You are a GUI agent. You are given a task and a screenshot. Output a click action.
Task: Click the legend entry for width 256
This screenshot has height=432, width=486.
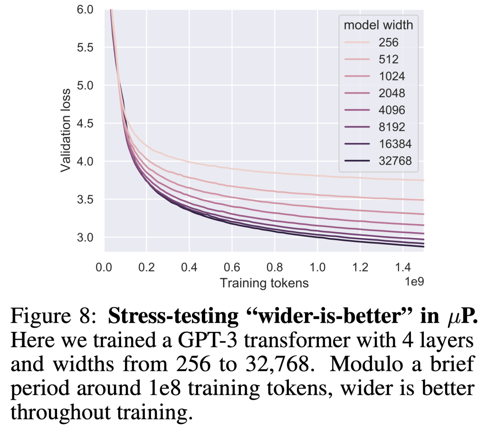[389, 43]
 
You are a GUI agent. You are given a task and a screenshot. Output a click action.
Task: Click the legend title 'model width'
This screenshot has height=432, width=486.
[379, 25]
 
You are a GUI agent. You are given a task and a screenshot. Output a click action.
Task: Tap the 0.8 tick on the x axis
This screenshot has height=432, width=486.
[274, 267]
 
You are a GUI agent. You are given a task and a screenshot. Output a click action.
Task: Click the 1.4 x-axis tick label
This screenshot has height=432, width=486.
[402, 267]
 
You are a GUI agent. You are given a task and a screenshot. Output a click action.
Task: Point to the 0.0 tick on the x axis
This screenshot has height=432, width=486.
[104, 267]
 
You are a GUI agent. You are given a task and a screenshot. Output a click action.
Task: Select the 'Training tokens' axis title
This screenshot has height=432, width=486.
[264, 283]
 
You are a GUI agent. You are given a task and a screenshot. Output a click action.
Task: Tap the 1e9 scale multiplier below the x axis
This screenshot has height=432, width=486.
[413, 282]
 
